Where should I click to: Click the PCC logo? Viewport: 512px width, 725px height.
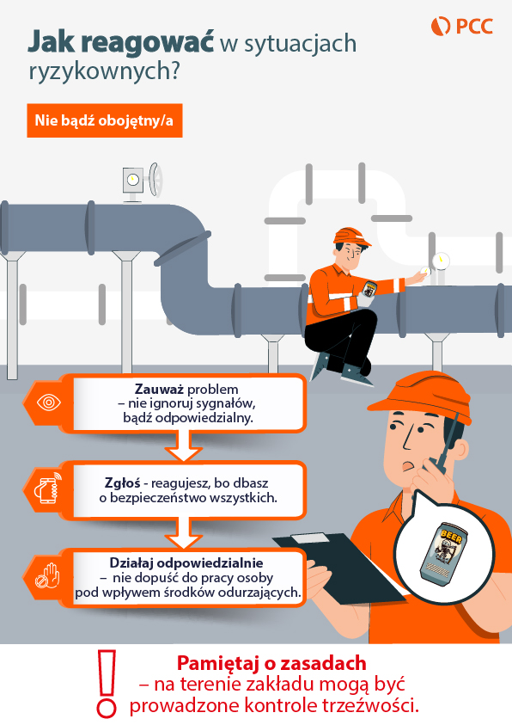[462, 26]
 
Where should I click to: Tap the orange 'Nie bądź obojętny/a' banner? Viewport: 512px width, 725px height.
[105, 120]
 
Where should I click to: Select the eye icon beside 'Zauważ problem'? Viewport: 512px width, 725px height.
[48, 402]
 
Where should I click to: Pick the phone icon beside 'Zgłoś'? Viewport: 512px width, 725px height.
[47, 488]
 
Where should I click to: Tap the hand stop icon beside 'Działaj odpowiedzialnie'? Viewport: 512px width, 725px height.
[48, 575]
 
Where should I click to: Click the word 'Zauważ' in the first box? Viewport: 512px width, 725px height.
[159, 389]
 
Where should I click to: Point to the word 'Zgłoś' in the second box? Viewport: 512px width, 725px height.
[122, 483]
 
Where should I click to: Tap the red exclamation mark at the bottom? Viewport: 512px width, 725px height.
[107, 684]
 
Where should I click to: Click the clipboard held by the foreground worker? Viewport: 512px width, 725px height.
[338, 568]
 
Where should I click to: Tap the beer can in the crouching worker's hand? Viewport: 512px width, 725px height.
[369, 290]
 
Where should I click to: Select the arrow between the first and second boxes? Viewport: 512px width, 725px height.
[183, 445]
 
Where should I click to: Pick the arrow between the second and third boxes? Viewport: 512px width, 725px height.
[183, 533]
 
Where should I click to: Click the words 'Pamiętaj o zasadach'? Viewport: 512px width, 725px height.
[271, 663]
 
